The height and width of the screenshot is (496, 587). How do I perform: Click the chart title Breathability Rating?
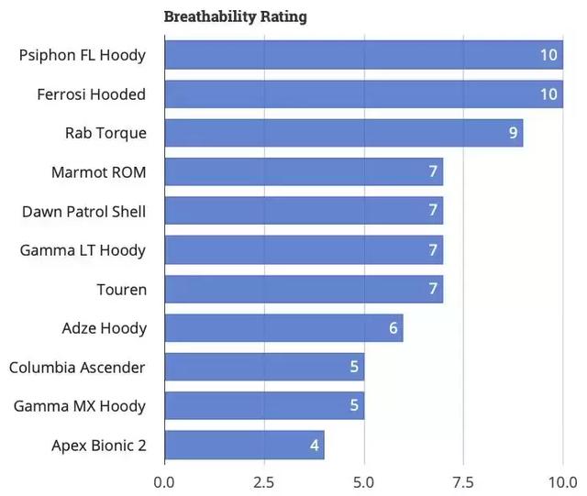click(236, 17)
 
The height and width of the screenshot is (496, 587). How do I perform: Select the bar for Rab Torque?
click(343, 133)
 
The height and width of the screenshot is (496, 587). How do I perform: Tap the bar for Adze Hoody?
click(283, 328)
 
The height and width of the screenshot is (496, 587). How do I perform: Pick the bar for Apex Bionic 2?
click(244, 446)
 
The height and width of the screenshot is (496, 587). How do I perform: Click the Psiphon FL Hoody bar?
click(363, 55)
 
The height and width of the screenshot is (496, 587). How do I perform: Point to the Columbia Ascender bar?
click(264, 368)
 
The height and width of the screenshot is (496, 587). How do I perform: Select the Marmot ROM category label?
click(99, 172)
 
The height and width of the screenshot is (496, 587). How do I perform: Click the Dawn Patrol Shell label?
click(83, 212)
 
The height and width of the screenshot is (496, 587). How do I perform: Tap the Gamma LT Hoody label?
click(83, 250)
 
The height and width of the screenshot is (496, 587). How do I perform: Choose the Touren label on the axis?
click(121, 290)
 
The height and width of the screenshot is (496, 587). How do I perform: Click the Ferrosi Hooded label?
click(92, 94)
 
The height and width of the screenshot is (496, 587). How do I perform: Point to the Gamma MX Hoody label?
click(80, 406)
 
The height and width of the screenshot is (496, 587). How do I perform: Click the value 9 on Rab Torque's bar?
click(513, 133)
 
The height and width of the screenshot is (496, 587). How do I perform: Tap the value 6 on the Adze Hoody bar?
click(393, 328)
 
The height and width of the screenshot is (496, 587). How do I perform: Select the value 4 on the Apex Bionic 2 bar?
click(314, 446)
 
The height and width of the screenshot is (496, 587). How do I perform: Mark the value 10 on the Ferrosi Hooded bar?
click(548, 94)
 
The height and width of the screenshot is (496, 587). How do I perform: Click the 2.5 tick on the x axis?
click(264, 481)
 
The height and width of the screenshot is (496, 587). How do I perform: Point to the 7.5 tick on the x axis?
click(463, 481)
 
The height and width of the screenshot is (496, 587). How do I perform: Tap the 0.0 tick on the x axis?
click(165, 481)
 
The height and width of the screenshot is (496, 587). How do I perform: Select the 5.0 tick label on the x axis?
click(364, 481)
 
